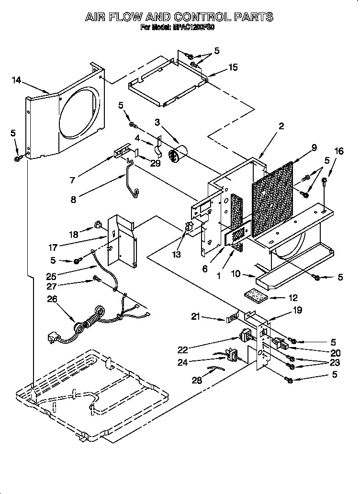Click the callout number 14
click(x=17, y=80)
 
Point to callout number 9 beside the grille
click(x=314, y=148)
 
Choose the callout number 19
click(x=297, y=311)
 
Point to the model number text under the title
click(x=178, y=28)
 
